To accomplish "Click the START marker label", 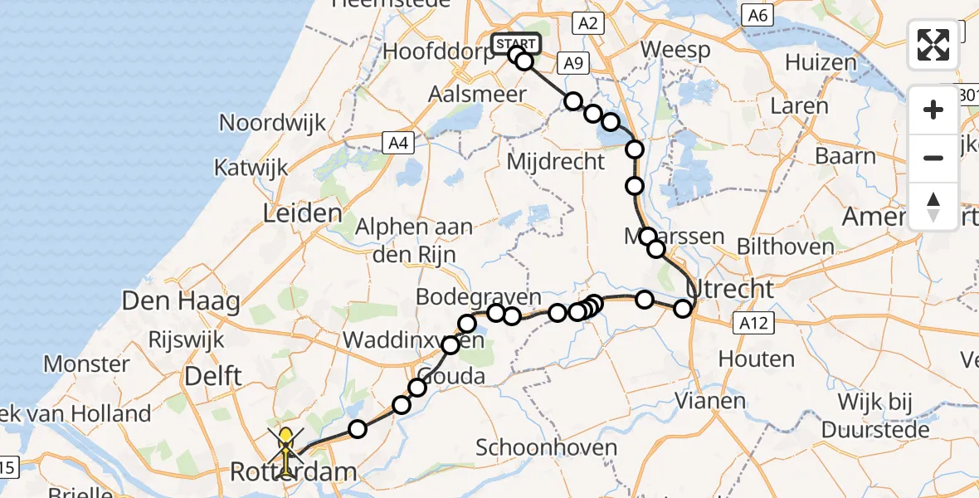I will [516, 43].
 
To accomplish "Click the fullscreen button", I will [933, 45].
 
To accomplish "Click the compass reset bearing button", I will [933, 206].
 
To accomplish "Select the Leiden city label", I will [303, 213].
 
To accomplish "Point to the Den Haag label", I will [181, 300].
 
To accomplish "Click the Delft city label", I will [213, 376].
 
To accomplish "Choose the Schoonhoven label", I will [547, 448].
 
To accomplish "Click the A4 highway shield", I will [399, 144].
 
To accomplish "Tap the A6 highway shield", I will [758, 15].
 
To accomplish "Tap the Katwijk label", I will [251, 167].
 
